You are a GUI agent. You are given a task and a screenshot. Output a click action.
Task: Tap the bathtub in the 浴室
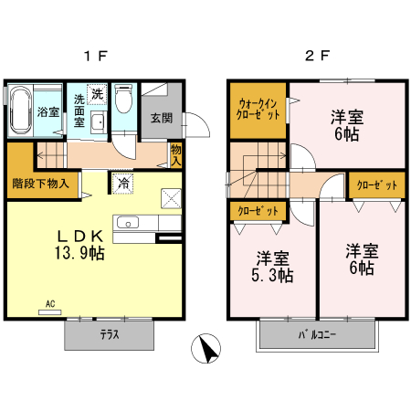(x=22, y=111)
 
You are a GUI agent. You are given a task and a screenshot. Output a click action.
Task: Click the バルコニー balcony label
(x=316, y=334)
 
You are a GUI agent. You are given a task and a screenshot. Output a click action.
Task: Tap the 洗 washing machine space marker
(x=98, y=92)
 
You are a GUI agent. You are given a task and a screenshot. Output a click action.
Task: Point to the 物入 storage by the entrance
(x=175, y=153)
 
